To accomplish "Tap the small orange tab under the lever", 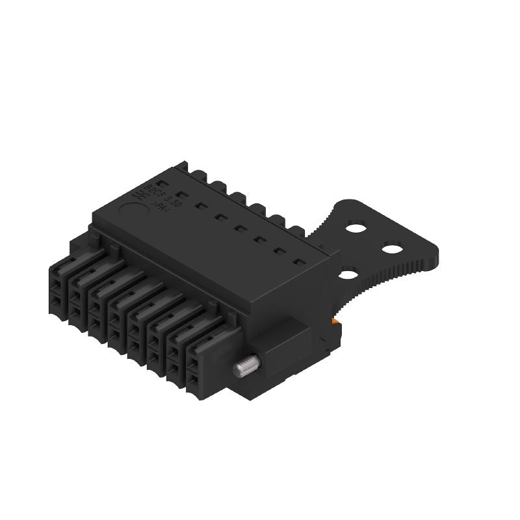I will [335, 321].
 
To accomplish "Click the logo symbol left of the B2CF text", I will [139, 194].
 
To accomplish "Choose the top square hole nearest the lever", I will [300, 263].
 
